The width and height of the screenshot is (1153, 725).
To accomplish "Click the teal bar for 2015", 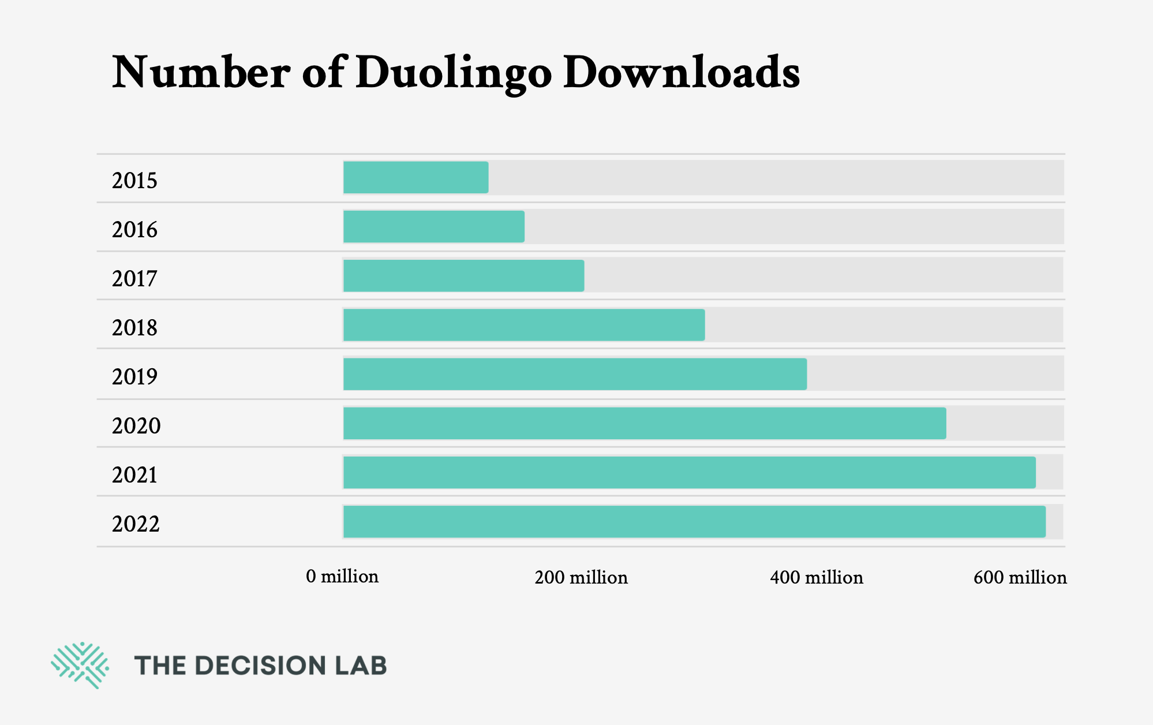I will coord(415,178).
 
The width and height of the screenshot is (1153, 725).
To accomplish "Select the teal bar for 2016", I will coord(433,227).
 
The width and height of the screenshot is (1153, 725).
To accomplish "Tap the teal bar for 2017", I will coord(463,276).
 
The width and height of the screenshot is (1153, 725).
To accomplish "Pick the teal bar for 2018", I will coord(523,325).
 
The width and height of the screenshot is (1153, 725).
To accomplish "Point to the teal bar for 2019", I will coord(575,374).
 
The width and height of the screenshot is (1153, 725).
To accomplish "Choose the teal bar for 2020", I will coord(644,423).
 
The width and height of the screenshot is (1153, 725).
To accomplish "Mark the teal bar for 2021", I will coord(689,473).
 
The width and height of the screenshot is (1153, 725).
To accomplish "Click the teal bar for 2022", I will coord(694,522).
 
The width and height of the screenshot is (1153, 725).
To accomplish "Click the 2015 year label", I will coord(134,181).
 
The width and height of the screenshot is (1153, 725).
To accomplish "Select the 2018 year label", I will coord(134,328).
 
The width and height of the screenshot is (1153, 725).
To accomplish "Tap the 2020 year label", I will coord(136,426).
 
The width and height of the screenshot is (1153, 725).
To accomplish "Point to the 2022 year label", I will coord(136,524).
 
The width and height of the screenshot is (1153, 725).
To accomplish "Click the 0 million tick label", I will coord(342,576).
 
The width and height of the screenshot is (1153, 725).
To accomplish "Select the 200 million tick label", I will coord(581,577).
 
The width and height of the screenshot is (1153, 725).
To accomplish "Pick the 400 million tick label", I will coord(816,577).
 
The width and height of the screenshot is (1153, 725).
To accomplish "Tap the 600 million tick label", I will coord(1020,577).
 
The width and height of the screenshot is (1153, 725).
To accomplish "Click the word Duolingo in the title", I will coord(454,73).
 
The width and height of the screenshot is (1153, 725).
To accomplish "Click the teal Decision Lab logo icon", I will coord(80,665).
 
